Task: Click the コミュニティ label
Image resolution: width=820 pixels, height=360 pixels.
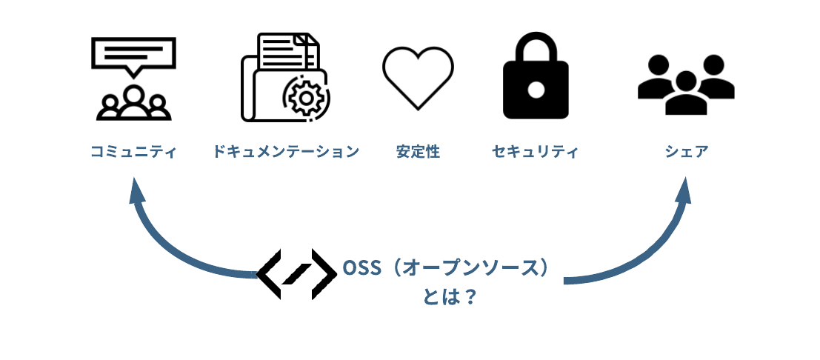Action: tap(133, 152)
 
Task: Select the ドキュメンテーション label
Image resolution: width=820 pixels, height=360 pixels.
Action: tap(285, 152)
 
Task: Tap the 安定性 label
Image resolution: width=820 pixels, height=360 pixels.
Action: tap(418, 152)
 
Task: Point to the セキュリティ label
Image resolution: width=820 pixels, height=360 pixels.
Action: tap(535, 152)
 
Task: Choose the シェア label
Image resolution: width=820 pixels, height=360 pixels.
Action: tap(687, 152)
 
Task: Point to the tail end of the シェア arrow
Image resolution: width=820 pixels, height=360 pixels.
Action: tap(566, 280)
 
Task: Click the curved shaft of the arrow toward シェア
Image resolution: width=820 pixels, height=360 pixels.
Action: tap(644, 256)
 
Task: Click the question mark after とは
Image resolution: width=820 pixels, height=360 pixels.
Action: tap(470, 298)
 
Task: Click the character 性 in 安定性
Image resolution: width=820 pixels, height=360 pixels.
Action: tap(433, 152)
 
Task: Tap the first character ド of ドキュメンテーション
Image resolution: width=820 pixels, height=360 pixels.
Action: tap(219, 152)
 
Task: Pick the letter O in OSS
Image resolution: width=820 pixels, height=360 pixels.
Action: tap(350, 268)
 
